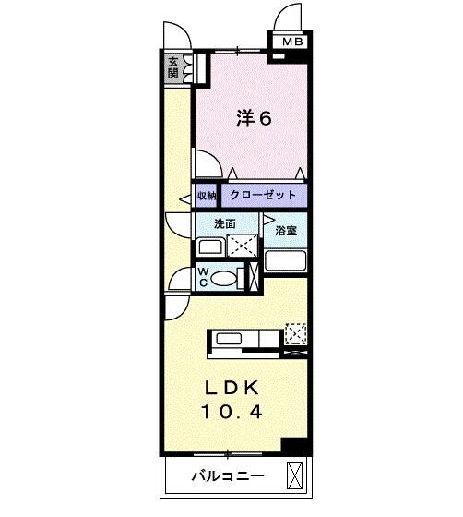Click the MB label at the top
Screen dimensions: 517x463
[291, 42]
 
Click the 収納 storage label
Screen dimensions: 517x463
[206, 197]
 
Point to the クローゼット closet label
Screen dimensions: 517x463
[263, 196]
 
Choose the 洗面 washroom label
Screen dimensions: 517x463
[214, 223]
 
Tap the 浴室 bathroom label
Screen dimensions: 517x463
[287, 231]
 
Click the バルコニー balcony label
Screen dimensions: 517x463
[228, 476]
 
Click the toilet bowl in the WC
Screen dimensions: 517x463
[231, 276]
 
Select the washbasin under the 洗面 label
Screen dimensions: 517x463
[210, 247]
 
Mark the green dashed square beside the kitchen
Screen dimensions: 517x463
[296, 331]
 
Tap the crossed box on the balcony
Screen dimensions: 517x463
[294, 475]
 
